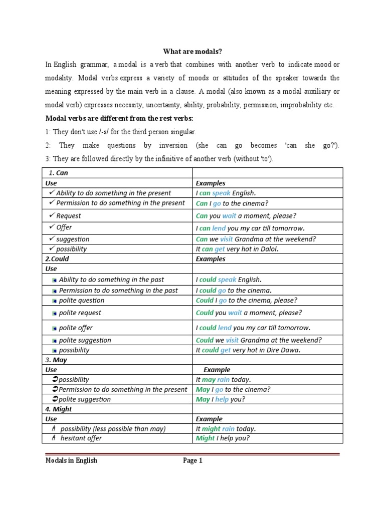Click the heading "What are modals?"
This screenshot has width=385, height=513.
coord(192,52)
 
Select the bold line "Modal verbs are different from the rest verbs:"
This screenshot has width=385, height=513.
coord(119,118)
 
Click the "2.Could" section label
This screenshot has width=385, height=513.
coord(58,259)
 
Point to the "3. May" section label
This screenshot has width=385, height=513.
coord(56,360)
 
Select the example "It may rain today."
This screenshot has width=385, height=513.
coord(224,380)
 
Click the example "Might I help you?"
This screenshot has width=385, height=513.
coord(223,438)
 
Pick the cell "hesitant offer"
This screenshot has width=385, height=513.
coord(81,438)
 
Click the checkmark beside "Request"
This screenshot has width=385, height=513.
coord(52,216)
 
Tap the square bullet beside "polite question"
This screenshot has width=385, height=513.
coord(54,301)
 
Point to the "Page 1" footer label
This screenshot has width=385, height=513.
coord(192,461)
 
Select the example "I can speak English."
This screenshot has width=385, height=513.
coord(226,193)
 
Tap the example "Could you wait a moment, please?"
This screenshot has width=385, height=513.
coord(249,313)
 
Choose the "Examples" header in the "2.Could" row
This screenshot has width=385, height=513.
coord(211,259)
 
